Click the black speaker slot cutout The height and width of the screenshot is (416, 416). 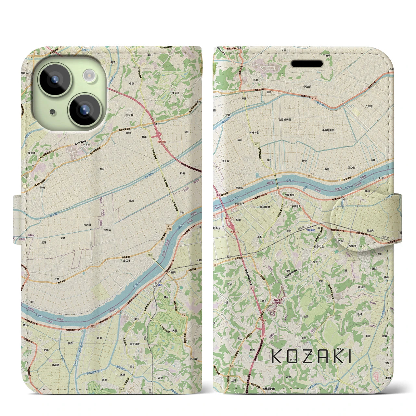click(309, 63)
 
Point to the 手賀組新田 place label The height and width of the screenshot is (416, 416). click(329, 130)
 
